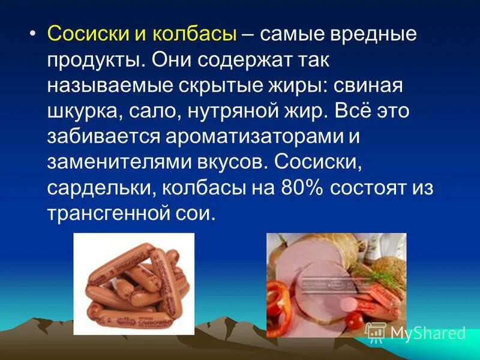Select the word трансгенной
[x=110, y=214]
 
